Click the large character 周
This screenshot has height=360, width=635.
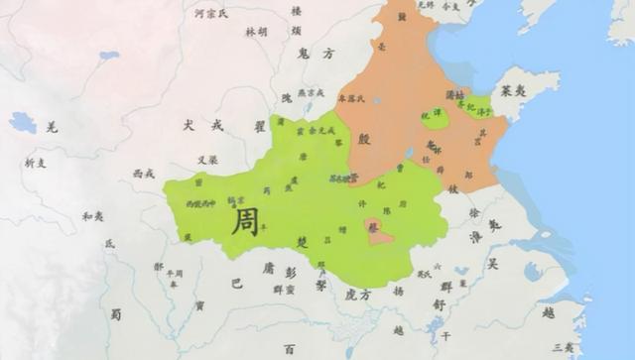[245, 220]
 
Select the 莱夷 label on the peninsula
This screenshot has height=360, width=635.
[514, 88]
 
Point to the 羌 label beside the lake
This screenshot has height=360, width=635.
[53, 126]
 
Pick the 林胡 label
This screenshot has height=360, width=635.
[256, 32]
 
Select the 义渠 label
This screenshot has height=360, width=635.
[207, 160]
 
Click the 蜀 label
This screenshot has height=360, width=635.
[116, 314]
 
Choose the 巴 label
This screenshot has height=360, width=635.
[236, 283]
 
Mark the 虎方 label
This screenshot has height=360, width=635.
[357, 295]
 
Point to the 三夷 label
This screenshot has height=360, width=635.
[563, 348]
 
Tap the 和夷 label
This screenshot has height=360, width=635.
[92, 216]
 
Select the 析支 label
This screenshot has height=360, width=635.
[36, 163]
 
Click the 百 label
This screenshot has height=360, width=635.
[289, 349]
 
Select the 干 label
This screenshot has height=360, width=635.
[445, 336]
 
